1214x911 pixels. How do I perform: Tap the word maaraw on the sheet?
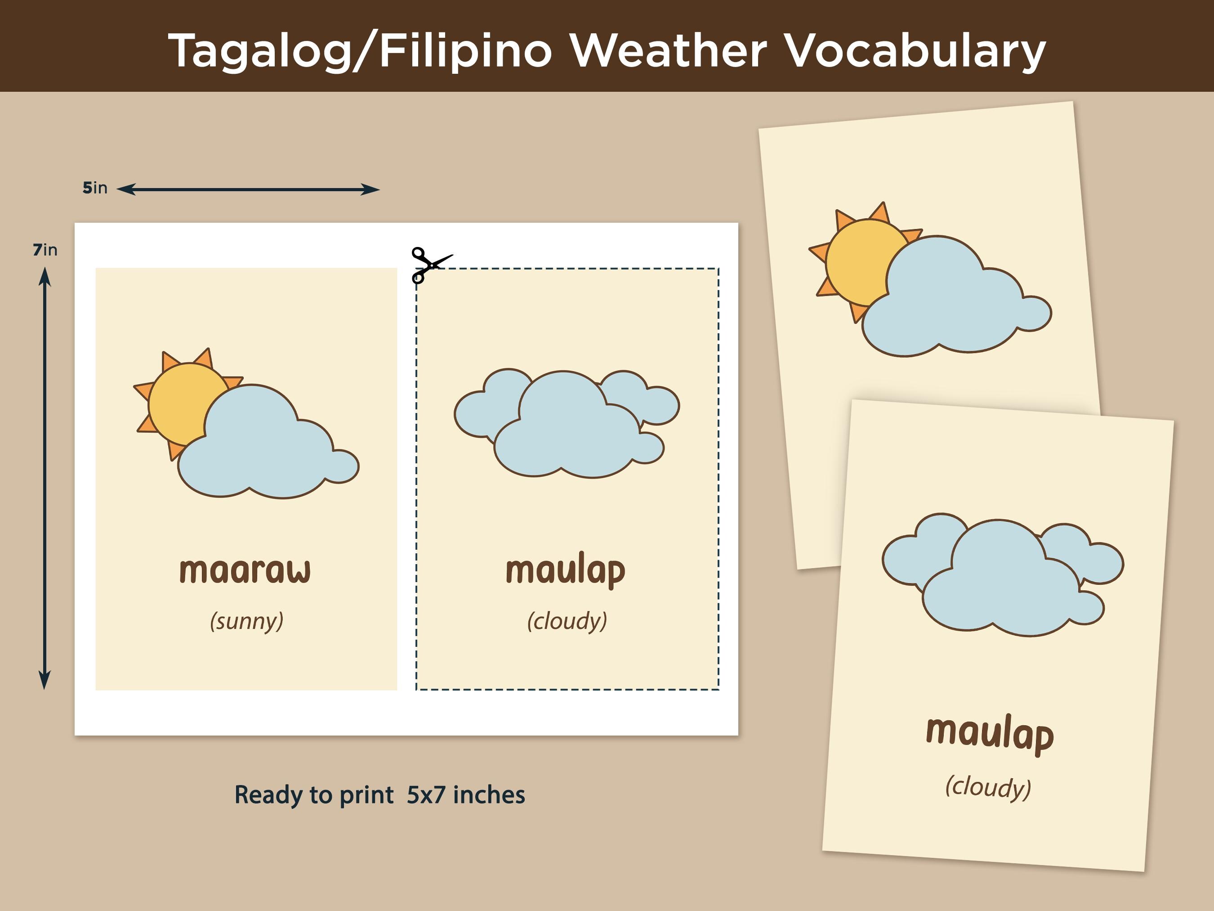[x=245, y=570]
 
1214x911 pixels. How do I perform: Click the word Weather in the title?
[x=667, y=50]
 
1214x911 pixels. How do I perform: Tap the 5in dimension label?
[x=95, y=188]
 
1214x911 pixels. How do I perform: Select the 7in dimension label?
[x=45, y=250]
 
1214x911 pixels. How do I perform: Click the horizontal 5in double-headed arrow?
[x=248, y=189]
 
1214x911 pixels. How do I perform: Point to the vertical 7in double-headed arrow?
[x=45, y=478]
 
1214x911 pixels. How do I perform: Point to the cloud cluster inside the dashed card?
[x=567, y=423]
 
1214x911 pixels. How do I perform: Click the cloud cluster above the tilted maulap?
[x=1003, y=575]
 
